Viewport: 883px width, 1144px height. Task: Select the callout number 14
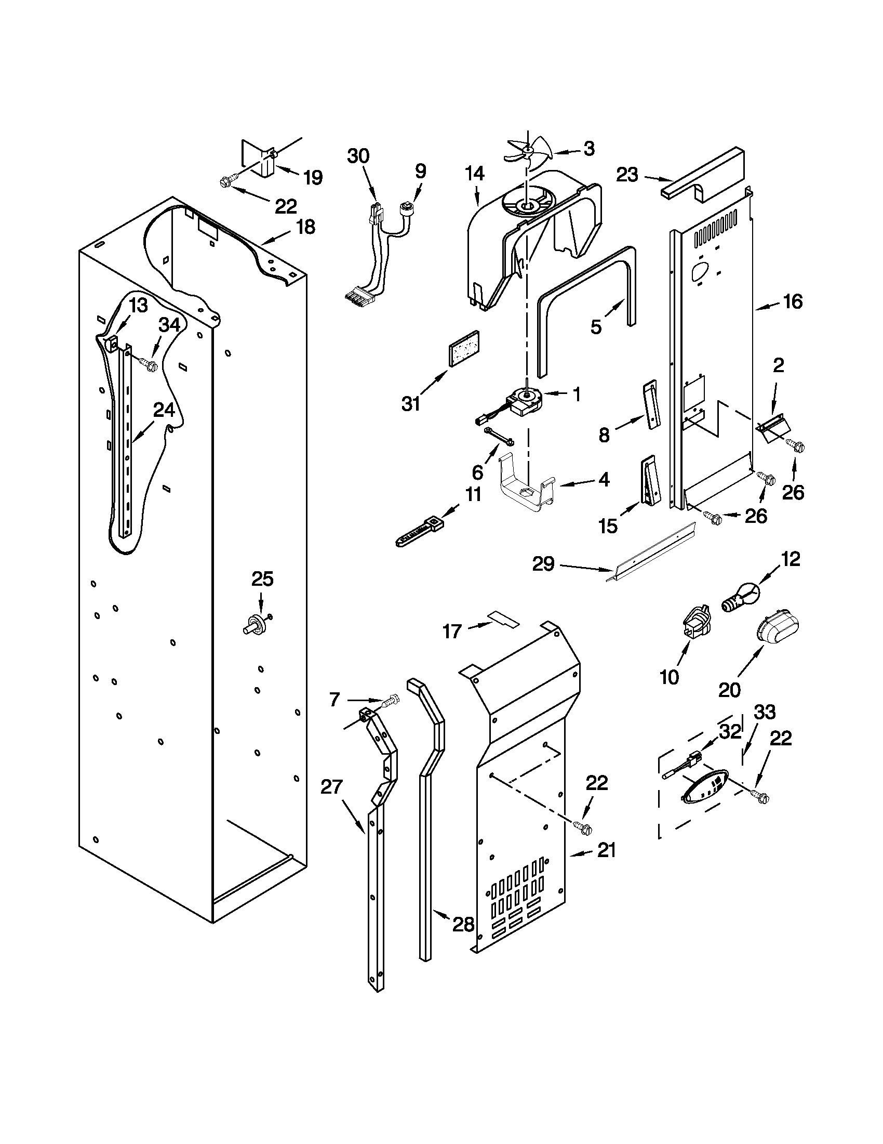[x=474, y=174]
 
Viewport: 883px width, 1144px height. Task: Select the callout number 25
[x=262, y=579]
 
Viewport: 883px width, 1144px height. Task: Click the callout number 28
[x=463, y=925]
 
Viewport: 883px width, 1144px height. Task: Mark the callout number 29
[x=543, y=564]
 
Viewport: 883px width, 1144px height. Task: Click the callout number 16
[x=793, y=301]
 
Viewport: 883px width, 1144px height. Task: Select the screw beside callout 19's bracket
[x=227, y=182]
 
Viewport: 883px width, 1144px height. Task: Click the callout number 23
[x=627, y=175]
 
